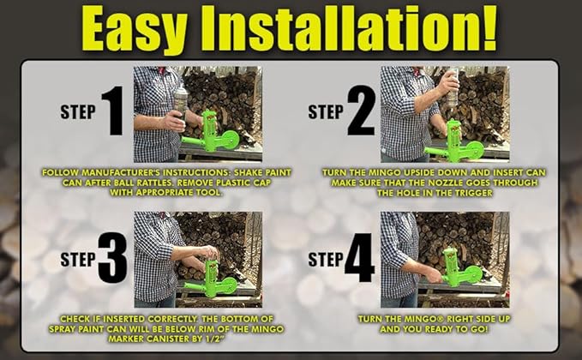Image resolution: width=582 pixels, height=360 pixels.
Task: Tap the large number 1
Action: pos(113,111)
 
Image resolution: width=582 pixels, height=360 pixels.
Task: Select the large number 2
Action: pos(361,111)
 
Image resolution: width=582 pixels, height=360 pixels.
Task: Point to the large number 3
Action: pos(112,258)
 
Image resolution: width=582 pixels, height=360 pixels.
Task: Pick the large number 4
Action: pos(359,258)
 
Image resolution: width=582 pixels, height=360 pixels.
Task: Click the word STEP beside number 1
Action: pos(78,111)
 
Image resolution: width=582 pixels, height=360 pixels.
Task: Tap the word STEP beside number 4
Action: pos(326,259)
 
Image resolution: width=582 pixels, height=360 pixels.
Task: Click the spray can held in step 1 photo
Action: pos(181,103)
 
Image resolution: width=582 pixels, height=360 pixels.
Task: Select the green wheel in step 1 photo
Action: pos(228,140)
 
